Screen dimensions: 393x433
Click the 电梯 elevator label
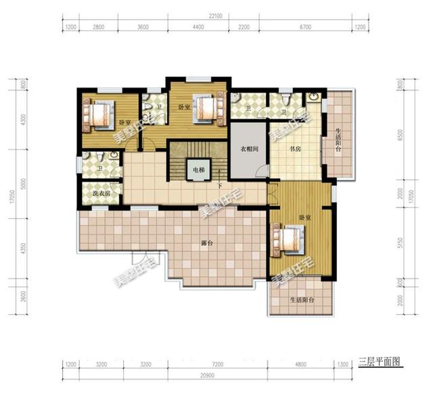point(197,169)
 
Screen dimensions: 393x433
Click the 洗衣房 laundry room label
point(101,194)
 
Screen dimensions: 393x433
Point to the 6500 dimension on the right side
point(402,136)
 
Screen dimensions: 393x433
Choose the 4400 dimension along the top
point(198,27)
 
